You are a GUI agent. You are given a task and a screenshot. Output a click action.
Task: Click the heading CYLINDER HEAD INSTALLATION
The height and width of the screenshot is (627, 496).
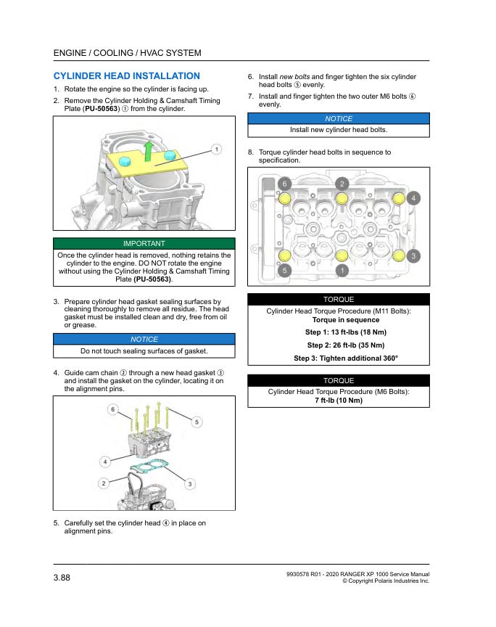(x=126, y=76)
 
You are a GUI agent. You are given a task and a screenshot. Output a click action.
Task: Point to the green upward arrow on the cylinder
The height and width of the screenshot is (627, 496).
(x=147, y=151)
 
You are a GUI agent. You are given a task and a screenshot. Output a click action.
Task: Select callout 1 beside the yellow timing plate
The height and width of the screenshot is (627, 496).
(x=215, y=149)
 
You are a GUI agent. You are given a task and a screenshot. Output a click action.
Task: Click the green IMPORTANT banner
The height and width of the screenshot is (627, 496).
(x=144, y=244)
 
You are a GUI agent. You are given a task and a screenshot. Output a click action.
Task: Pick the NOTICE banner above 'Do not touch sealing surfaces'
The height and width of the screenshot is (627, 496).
(x=144, y=339)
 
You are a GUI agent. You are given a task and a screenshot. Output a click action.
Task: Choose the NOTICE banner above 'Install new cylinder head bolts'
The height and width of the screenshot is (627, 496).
(x=338, y=119)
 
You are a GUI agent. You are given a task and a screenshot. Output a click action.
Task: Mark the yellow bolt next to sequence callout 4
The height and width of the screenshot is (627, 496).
(x=398, y=198)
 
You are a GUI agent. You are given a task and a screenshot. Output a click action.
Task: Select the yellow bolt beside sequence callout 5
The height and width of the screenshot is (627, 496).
(x=285, y=255)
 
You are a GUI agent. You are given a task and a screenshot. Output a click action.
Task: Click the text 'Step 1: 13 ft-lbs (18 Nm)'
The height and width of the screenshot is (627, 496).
(x=339, y=332)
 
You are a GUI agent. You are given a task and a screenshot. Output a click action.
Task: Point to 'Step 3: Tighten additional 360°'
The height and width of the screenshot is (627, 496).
(x=339, y=358)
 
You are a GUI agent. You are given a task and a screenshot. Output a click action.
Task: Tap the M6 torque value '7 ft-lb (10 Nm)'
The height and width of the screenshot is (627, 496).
(x=338, y=401)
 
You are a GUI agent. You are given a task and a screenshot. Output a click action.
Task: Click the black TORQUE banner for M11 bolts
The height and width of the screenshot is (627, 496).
(x=338, y=299)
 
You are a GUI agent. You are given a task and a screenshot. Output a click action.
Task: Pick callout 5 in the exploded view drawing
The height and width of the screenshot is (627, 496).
(x=197, y=422)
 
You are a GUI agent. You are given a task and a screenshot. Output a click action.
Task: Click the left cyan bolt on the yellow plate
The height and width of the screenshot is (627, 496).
(x=124, y=161)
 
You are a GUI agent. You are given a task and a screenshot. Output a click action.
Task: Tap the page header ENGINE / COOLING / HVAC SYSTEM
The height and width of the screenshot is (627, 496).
(x=128, y=53)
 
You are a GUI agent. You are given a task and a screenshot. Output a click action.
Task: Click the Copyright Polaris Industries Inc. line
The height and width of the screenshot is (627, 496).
(x=385, y=581)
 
